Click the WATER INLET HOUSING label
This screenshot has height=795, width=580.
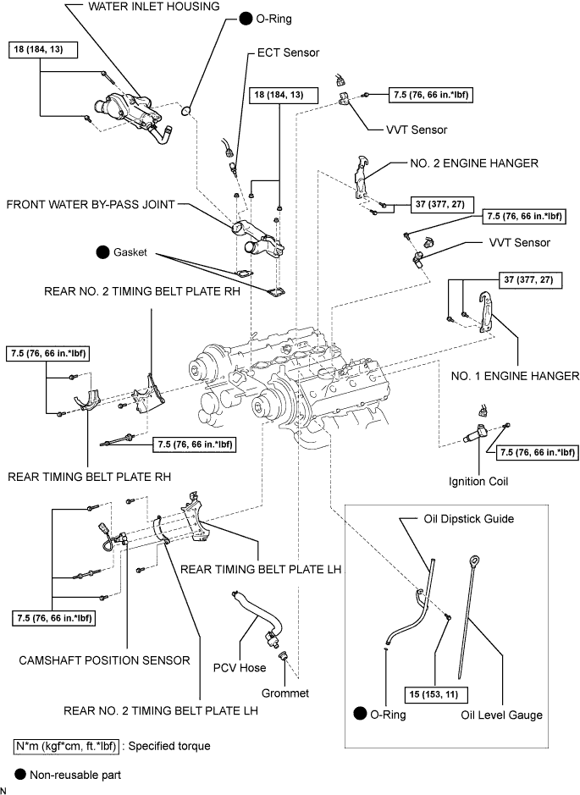pyautogui.click(x=154, y=7)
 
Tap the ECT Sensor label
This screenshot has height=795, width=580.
pyautogui.click(x=288, y=52)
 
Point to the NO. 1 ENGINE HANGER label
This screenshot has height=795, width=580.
pyautogui.click(x=514, y=375)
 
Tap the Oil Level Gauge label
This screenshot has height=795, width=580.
pyautogui.click(x=501, y=715)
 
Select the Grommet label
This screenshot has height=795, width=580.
pyautogui.click(x=285, y=693)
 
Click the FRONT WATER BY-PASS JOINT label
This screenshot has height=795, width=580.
pyautogui.click(x=90, y=205)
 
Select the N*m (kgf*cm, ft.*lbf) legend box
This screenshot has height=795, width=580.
pyautogui.click(x=66, y=746)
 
